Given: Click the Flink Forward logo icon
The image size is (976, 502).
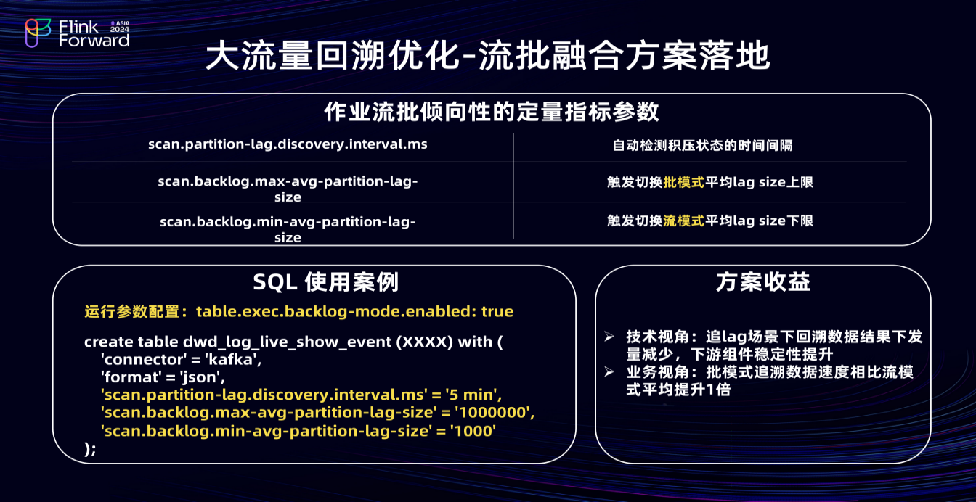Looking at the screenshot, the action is tap(38, 33).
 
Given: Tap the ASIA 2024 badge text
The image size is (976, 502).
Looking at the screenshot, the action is tap(120, 27).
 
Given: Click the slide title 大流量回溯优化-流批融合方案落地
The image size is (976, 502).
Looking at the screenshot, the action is tap(487, 56).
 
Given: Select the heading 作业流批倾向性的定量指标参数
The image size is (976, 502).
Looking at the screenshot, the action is tap(492, 112).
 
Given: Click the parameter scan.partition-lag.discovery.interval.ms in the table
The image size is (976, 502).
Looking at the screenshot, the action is tap(288, 144).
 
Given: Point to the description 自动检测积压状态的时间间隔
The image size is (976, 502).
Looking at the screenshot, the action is tap(702, 145).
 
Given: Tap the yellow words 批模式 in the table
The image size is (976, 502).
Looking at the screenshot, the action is tap(683, 182).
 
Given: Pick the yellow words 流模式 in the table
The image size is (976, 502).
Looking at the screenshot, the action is tap(683, 221).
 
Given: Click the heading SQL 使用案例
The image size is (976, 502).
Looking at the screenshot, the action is tap(326, 281).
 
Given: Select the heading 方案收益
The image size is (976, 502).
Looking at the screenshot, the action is tap(763, 281).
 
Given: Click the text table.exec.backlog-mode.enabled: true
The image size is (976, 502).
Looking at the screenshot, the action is tap(354, 312).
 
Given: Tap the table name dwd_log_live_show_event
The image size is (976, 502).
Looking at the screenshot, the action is tap(287, 342).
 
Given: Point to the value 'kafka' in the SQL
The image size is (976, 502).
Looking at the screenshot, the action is tap(233, 360).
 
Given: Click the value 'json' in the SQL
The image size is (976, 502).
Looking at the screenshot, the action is tap(203, 377).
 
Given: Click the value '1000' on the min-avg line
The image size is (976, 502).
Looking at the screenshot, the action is tap(473, 431).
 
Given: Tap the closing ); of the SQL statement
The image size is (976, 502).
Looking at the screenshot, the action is tap(90, 449).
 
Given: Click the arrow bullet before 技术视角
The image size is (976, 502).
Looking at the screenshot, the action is tap(609, 337).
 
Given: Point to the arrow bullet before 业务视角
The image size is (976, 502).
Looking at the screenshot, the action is tap(609, 372).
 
